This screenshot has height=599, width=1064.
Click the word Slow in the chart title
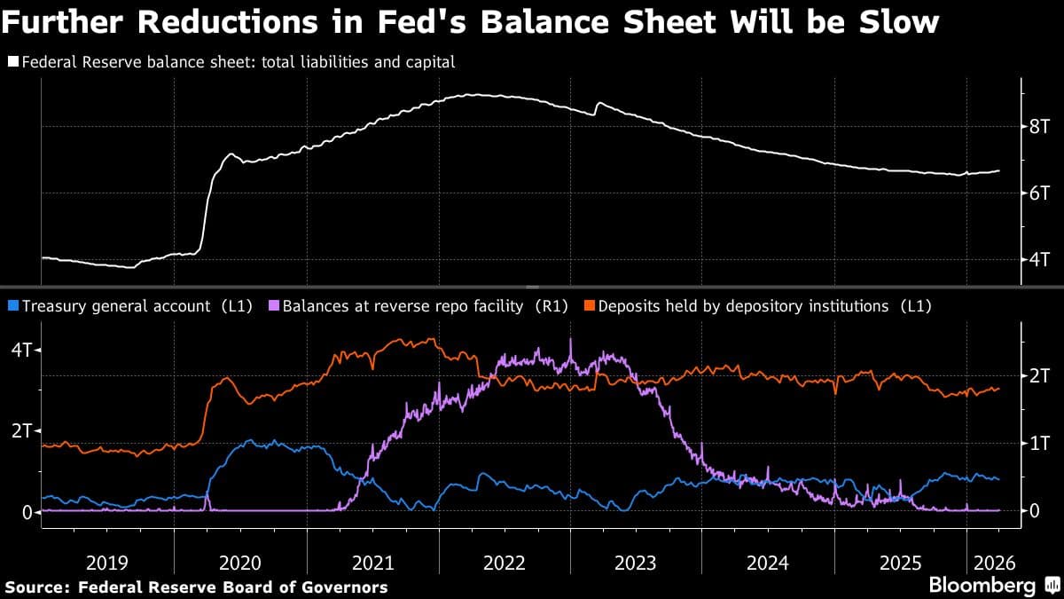[895, 22]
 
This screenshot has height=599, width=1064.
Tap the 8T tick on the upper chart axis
[1039, 126]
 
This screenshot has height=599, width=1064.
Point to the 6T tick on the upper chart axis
[1039, 193]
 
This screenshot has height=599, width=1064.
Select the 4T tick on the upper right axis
[1039, 260]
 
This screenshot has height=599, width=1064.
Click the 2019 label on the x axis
[107, 563]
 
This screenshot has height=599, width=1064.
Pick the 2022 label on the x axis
[505, 563]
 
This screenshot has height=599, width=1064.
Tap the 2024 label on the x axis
[768, 563]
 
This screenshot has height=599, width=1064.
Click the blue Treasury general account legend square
[13, 306]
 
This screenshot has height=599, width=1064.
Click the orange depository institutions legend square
[589, 306]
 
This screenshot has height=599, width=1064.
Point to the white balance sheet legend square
[13, 62]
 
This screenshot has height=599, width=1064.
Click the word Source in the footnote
[37, 587]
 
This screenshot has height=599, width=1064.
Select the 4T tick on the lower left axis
[20, 350]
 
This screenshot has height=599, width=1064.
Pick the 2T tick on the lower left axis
[20, 431]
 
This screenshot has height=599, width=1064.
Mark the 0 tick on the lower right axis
[1034, 510]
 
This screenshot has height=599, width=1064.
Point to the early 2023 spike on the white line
[599, 103]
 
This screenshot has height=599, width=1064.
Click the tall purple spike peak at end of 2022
[570, 339]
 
